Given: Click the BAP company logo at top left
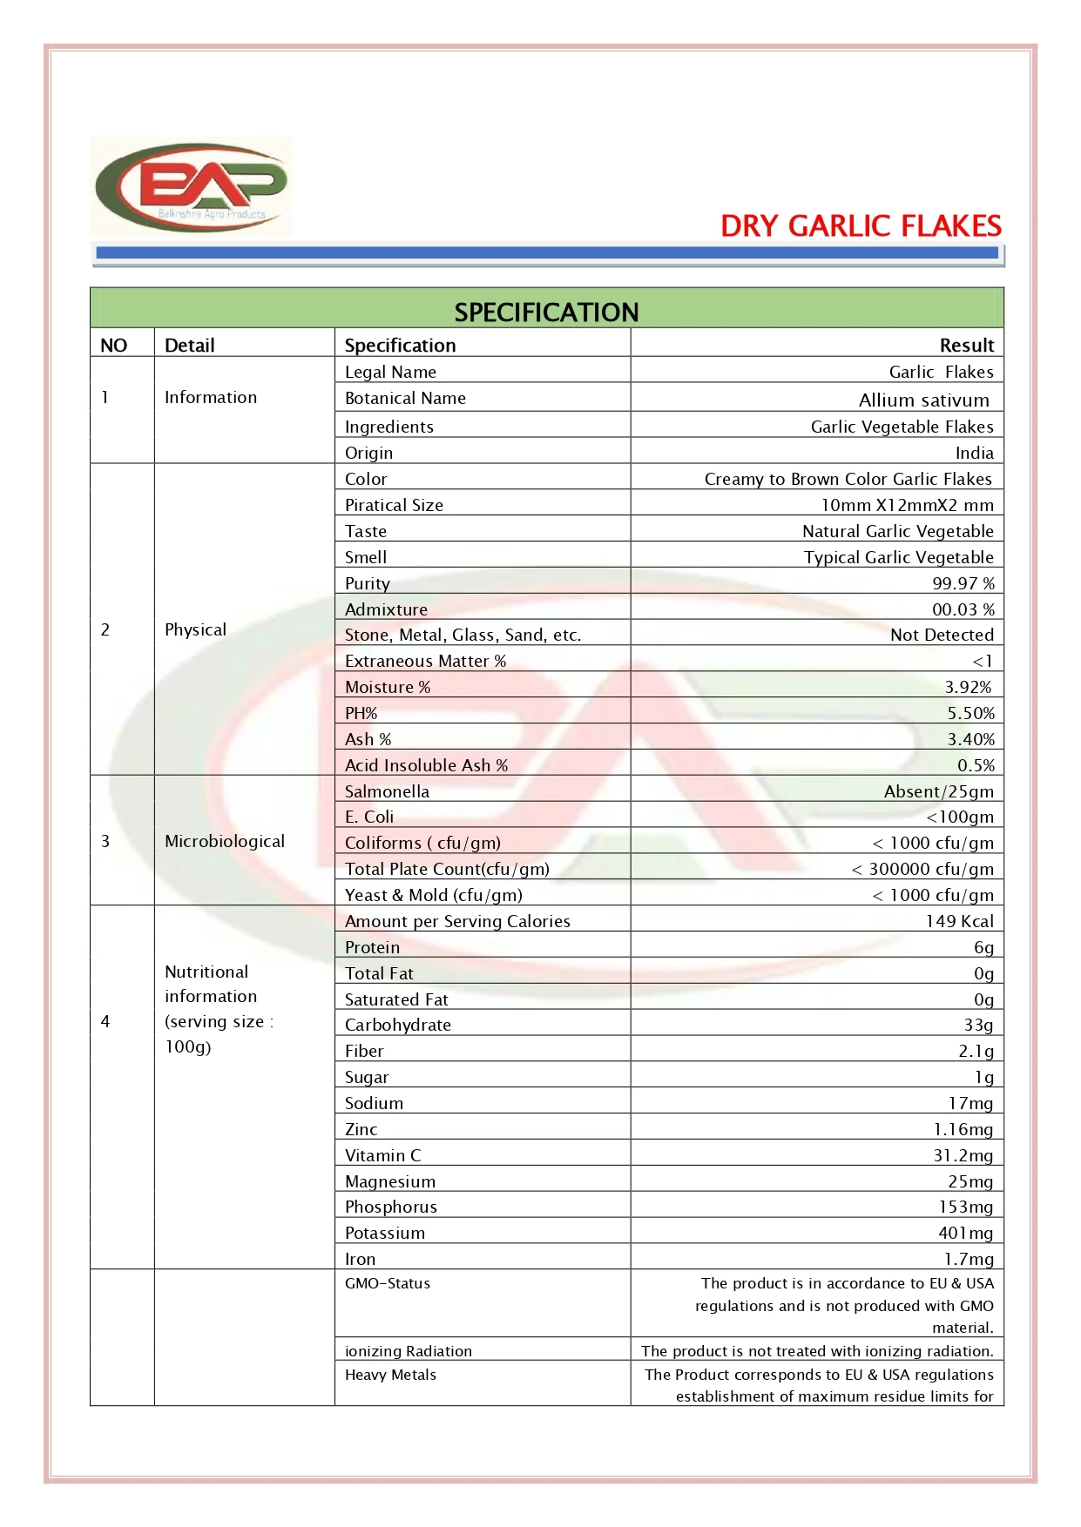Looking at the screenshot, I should tap(192, 186).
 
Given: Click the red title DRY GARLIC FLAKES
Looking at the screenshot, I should tap(861, 226).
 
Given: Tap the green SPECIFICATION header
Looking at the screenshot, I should tap(546, 312).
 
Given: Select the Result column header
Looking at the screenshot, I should tap(966, 345).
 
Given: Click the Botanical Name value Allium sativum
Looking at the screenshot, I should tap(923, 400).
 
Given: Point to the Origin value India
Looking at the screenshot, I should tap(974, 453).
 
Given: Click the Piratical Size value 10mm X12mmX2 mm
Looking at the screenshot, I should tap(907, 505).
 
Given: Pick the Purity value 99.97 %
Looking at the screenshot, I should tap(963, 583).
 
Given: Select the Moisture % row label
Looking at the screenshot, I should tap(388, 687).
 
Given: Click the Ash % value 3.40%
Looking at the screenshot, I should tap(970, 739).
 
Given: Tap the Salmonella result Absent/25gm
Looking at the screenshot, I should tap(938, 791).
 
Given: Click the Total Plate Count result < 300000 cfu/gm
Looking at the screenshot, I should tap(922, 869).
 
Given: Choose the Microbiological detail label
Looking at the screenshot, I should tap(225, 841).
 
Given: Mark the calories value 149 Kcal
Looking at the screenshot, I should tap(959, 921).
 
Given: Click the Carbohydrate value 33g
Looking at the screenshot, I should tap(977, 1025).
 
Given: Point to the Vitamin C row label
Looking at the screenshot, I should tap(382, 1155).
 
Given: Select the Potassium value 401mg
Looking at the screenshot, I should tap(965, 1233).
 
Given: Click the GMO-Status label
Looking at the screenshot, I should tap(388, 1283).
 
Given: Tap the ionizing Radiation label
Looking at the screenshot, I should tap(409, 1351).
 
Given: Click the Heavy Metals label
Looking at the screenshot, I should tap(390, 1375).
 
